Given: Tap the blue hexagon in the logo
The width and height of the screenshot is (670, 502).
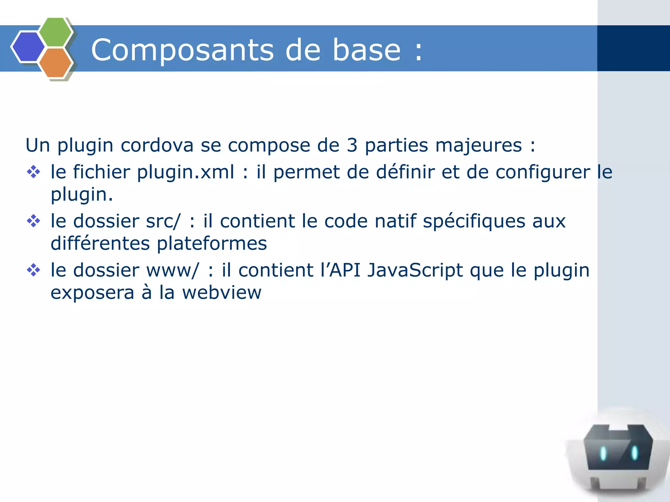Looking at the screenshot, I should coord(28,47).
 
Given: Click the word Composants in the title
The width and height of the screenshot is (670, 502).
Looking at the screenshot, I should coord(182,50).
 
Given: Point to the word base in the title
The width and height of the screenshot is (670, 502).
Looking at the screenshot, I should coord(366,50).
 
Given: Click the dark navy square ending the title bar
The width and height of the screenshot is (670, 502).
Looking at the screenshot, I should coord(633,48).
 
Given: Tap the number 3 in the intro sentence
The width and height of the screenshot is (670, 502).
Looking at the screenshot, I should coord(352,145).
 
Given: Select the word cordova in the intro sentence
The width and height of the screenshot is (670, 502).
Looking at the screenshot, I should coord(157,145).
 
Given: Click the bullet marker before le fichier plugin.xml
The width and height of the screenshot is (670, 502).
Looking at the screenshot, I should coord(33,172).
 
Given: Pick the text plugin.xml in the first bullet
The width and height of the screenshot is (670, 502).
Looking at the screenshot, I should coord(185,173).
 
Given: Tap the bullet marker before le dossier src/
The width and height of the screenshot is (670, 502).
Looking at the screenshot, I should coord(33,221).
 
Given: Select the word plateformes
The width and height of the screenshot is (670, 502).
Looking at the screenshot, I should coord(212,244).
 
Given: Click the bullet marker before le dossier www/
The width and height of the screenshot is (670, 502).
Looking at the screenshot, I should coord(33,270).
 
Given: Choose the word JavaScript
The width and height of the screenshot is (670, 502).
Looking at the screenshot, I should coord(415,271).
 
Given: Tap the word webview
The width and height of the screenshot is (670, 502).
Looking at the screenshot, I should coord(221,293).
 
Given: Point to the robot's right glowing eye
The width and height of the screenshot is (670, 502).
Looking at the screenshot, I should coord(634,453).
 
